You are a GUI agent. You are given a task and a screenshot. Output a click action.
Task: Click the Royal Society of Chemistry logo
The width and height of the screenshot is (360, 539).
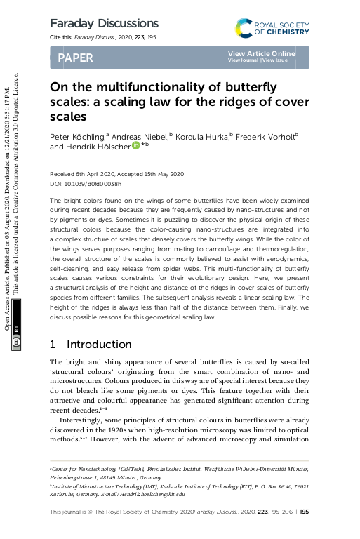[x=272, y=27]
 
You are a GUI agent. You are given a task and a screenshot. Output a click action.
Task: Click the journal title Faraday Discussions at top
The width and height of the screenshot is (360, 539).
[x=104, y=24]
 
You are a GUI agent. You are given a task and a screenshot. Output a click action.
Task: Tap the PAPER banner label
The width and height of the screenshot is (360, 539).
[x=75, y=58]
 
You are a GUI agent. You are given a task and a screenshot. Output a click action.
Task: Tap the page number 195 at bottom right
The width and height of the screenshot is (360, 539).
[x=304, y=513]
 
